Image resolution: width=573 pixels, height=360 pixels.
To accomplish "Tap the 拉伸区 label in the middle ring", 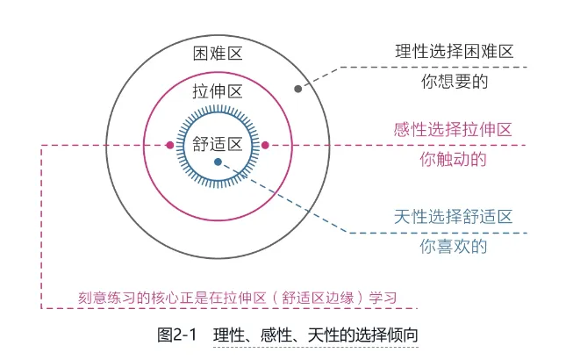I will point(217,90).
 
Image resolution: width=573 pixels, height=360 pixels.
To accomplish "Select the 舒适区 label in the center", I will point(217,144).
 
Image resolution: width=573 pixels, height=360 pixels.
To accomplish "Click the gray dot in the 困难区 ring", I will point(298,89).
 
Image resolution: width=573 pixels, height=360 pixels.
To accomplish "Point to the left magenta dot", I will point(170,145).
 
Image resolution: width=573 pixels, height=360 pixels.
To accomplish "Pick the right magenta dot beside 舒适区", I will point(265,145).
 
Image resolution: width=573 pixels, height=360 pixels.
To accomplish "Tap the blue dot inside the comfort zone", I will point(218,162).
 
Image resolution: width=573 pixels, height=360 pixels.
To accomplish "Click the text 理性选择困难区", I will point(453,52).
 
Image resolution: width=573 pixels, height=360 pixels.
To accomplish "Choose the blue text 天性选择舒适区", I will point(453,215).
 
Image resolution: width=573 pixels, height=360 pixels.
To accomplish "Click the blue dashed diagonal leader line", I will point(290,201).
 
